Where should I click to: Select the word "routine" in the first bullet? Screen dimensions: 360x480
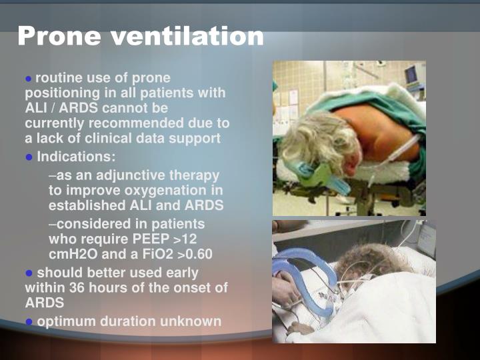(59, 78)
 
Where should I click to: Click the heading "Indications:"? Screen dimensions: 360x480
(76, 157)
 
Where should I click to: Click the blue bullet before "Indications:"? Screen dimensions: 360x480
(29, 157)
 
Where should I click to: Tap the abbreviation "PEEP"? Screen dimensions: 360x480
(153, 239)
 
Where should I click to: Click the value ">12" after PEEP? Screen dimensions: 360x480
(187, 239)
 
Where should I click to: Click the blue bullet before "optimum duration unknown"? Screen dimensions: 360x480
(29, 322)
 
